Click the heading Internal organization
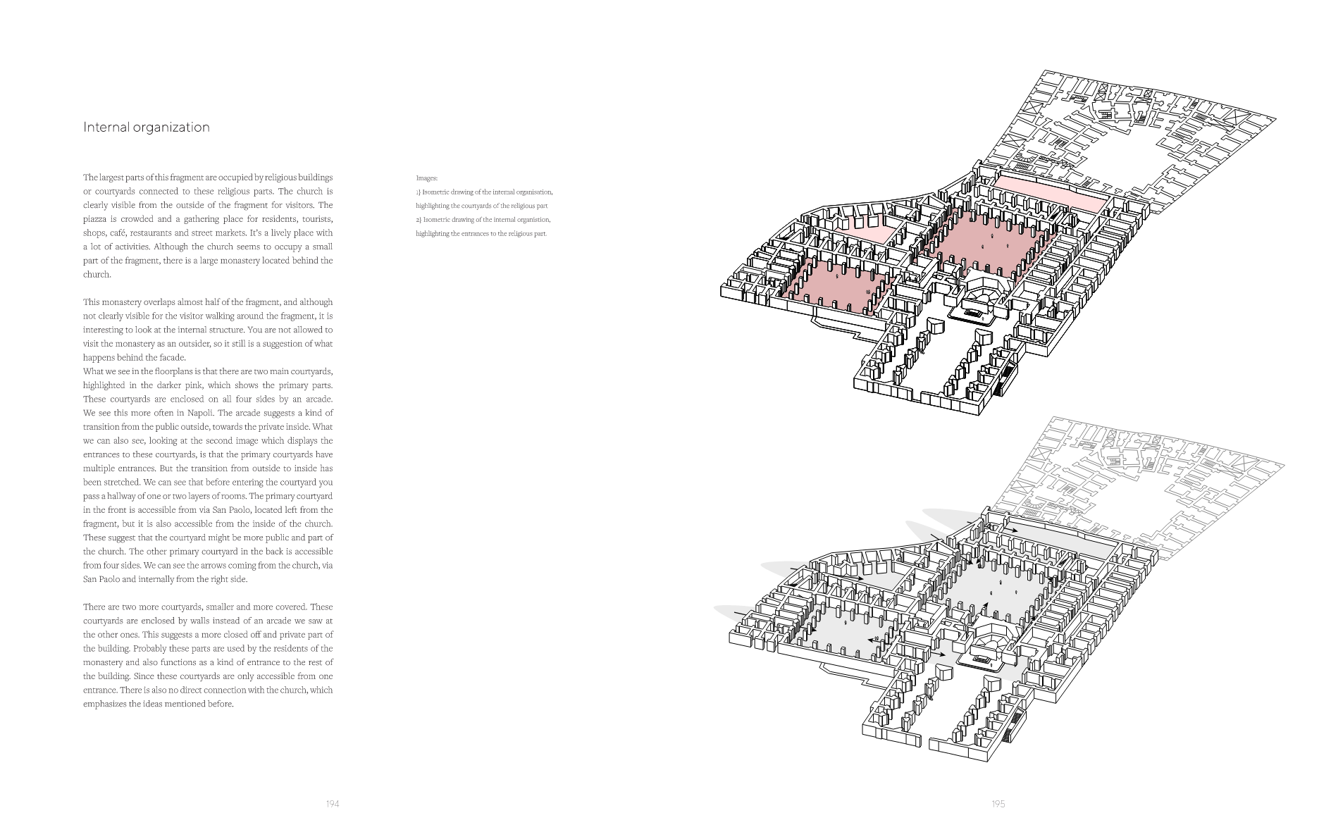click(147, 128)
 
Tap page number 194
click(333, 804)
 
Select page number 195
click(998, 804)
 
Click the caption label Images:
click(426, 178)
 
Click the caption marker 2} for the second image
click(419, 220)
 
